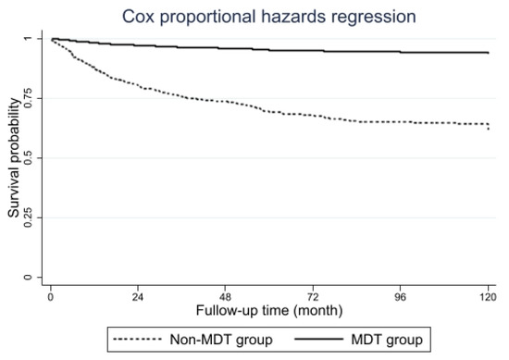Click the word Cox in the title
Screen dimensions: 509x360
click(x=138, y=17)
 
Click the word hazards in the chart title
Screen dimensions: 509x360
click(x=293, y=17)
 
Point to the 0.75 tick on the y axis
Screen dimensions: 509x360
click(x=29, y=98)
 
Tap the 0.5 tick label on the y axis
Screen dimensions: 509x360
click(x=29, y=157)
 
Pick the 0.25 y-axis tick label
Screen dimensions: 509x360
click(x=29, y=217)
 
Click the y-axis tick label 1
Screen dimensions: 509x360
click(x=29, y=39)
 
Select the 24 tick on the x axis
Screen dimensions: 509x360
click(x=138, y=297)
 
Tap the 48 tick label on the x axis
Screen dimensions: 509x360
click(x=225, y=297)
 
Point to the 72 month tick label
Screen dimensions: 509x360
click(x=313, y=297)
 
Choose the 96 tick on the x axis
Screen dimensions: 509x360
click(x=400, y=297)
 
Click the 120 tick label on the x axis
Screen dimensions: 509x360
click(x=488, y=297)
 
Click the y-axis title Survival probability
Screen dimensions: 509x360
click(x=14, y=158)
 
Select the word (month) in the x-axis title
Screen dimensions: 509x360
click(x=318, y=311)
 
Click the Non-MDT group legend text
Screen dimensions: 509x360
click(x=221, y=340)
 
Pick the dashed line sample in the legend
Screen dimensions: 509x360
click(x=137, y=340)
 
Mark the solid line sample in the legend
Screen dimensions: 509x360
click(x=318, y=340)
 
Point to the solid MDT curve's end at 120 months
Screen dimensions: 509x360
click(x=489, y=53)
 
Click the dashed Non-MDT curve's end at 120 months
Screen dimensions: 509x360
click(x=489, y=130)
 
